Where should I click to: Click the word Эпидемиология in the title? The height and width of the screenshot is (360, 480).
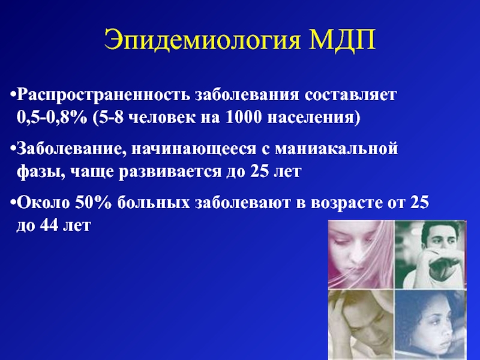[202, 40]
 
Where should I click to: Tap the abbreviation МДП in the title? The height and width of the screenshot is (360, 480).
[341, 40]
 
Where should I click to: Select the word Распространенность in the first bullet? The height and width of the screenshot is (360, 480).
[103, 95]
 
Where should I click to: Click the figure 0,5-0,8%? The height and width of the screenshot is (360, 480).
[52, 118]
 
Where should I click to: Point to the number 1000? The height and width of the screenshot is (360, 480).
[244, 118]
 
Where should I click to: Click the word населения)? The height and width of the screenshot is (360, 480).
[314, 118]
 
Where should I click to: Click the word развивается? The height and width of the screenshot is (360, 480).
[170, 172]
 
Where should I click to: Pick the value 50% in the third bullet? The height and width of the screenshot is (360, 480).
[94, 203]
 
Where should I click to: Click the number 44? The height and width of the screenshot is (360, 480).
[49, 226]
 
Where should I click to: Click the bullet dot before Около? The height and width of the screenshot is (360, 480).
[13, 203]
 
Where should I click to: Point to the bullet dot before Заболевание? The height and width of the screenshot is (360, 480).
[13, 149]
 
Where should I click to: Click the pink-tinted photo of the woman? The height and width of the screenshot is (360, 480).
[361, 254]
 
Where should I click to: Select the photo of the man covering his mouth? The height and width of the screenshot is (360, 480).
[430, 254]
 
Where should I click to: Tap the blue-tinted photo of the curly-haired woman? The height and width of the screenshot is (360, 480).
[430, 325]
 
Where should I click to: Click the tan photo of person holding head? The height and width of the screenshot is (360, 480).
[361, 325]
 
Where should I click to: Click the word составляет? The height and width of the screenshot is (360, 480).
[350, 95]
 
